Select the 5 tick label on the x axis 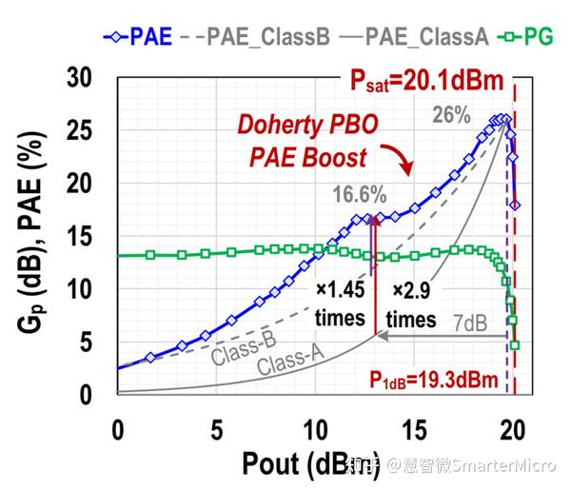[216, 429]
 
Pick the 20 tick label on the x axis [513, 429]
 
